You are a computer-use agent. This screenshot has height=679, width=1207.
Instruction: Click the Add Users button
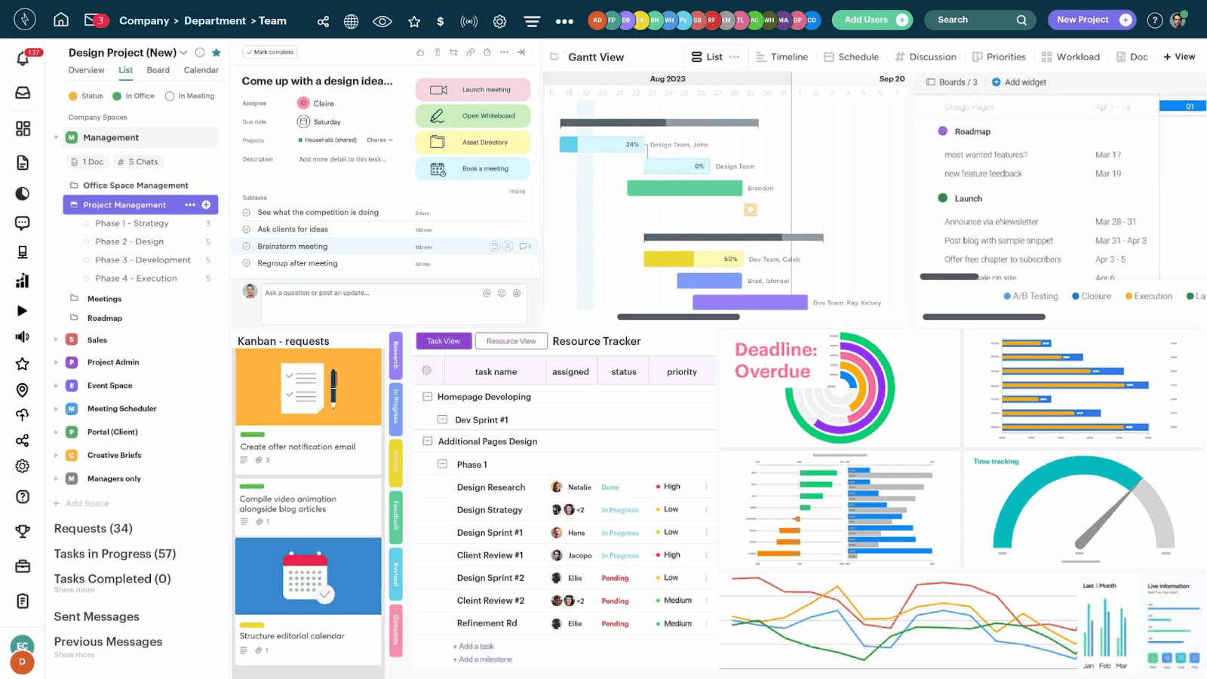pos(871,20)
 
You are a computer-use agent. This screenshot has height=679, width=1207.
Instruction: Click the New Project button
pos(1091,20)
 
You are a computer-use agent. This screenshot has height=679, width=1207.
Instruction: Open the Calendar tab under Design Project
pos(201,70)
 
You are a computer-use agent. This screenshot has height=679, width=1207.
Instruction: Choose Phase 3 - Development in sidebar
pos(143,260)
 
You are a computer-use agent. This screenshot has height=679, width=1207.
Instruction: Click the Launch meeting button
pos(473,90)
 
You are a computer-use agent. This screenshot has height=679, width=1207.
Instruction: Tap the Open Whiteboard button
pos(473,116)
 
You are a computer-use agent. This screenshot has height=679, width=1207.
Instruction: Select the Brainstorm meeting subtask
pos(293,247)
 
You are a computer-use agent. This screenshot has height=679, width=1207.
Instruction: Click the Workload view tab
pos(1070,57)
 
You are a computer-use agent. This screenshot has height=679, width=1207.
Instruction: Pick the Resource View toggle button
pos(511,341)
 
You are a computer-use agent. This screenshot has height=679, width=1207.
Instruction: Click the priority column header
pos(681,372)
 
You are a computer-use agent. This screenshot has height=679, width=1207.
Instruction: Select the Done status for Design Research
pos(610,487)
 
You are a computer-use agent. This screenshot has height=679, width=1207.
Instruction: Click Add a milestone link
pos(484,659)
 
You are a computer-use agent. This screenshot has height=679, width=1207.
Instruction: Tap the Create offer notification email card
pos(298,447)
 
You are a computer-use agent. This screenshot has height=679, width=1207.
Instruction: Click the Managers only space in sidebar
pos(114,479)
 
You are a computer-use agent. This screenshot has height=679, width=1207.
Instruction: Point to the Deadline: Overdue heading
pos(775,361)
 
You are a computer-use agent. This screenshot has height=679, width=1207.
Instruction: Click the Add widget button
pos(1019,82)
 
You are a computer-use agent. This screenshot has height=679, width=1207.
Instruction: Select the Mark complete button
pos(269,52)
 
